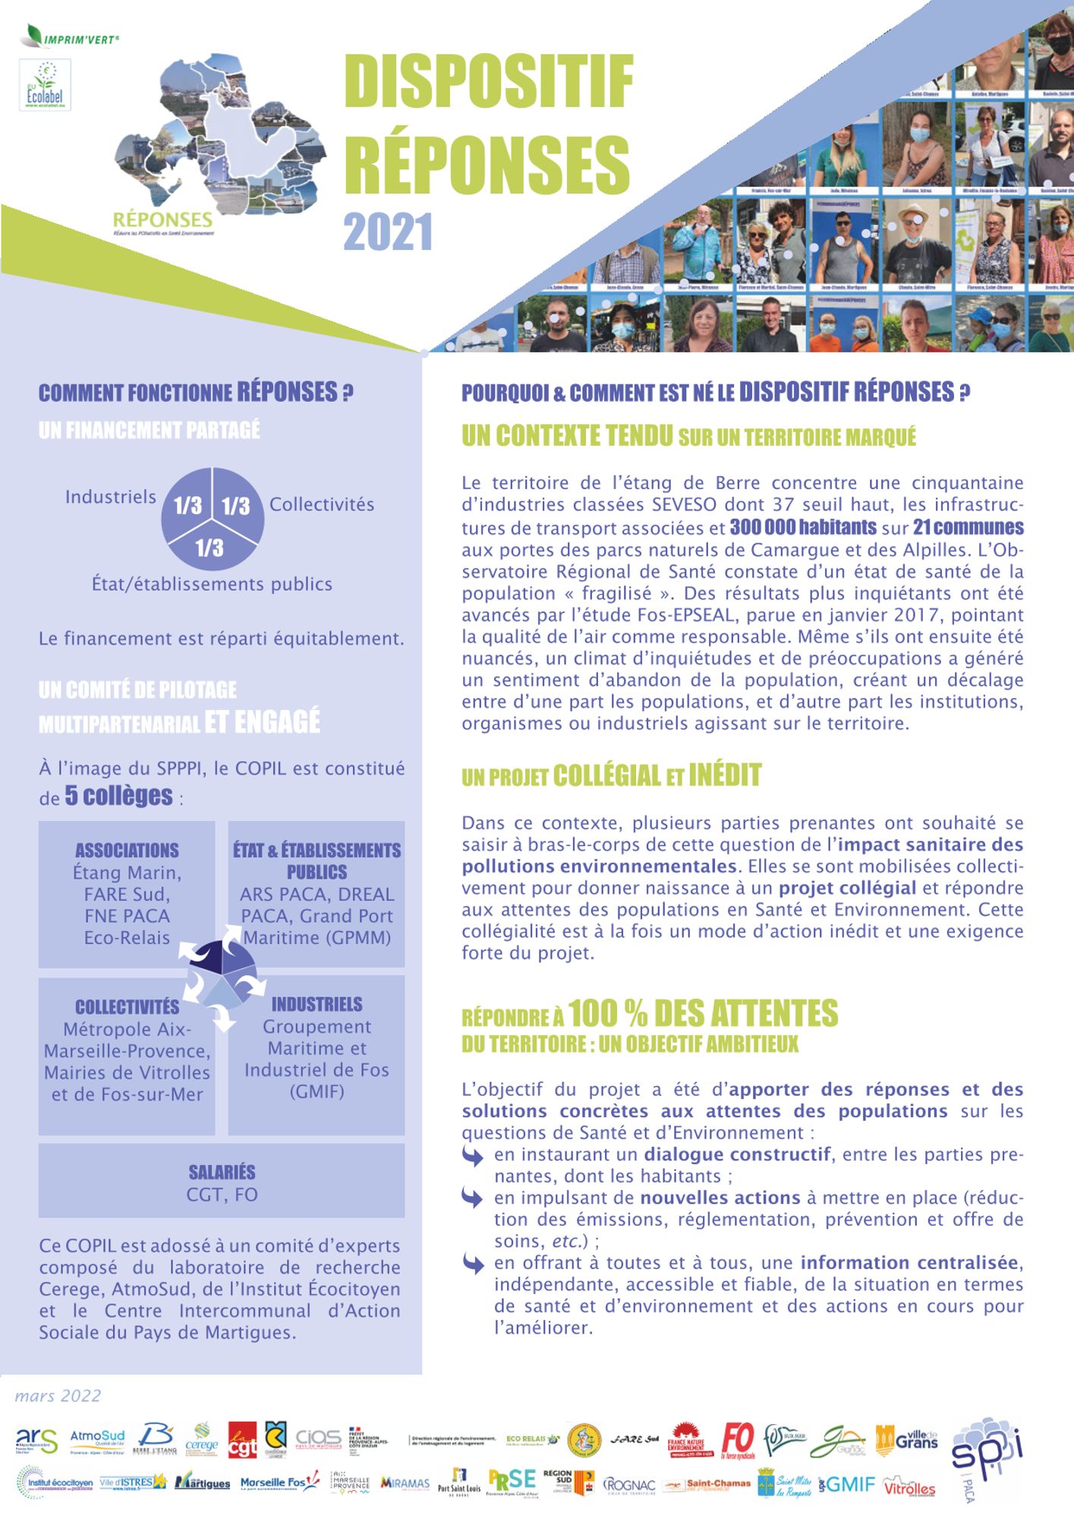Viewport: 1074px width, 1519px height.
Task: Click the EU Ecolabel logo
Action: pyautogui.click(x=45, y=85)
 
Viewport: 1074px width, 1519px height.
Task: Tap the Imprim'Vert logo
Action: pyautogui.click(x=73, y=37)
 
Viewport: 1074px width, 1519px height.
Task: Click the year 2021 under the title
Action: pyautogui.click(x=388, y=232)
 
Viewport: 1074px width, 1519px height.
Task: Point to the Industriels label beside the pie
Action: pyautogui.click(x=111, y=497)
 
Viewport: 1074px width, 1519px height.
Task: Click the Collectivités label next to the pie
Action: pyautogui.click(x=322, y=504)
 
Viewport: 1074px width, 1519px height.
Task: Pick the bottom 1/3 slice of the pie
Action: pyautogui.click(x=210, y=548)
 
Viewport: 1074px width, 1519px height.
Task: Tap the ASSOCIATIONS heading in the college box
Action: pyautogui.click(x=127, y=850)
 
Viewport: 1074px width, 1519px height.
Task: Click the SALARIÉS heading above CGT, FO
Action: pyautogui.click(x=222, y=1172)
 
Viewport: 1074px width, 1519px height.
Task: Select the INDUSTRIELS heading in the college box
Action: pyautogui.click(x=317, y=1004)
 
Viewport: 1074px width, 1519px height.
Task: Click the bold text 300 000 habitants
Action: pyautogui.click(x=803, y=527)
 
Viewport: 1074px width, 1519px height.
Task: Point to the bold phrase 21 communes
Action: pyautogui.click(x=968, y=527)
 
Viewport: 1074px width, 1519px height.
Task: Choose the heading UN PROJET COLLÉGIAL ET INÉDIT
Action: pyautogui.click(x=611, y=776)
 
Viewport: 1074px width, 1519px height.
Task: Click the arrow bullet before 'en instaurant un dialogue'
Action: pyautogui.click(x=472, y=1156)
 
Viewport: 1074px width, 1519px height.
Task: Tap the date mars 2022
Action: pyautogui.click(x=58, y=1396)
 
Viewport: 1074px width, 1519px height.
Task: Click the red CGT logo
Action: pyautogui.click(x=242, y=1440)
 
